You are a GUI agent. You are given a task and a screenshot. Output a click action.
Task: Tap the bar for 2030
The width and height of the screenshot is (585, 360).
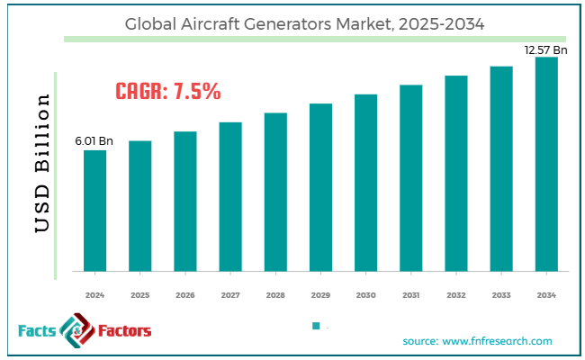point(365,182)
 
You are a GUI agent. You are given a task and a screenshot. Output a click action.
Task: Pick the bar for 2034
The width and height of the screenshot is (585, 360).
point(546,164)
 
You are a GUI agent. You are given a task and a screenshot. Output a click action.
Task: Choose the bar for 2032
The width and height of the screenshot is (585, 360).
point(456,173)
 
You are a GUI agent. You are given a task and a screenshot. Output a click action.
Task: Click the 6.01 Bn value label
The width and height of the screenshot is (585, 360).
point(94,140)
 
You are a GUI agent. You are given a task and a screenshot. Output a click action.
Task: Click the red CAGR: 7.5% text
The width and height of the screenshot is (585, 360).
point(168,91)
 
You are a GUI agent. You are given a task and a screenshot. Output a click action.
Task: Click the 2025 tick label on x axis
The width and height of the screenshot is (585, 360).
point(139,295)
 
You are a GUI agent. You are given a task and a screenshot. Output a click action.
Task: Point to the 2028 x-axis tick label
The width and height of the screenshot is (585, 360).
point(275,295)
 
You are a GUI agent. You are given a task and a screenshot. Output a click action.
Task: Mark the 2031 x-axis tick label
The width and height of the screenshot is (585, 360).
point(410,295)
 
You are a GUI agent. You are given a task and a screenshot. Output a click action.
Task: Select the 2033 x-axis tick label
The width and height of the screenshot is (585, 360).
point(501,295)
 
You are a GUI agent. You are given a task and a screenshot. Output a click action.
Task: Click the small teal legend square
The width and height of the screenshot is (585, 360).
point(315,326)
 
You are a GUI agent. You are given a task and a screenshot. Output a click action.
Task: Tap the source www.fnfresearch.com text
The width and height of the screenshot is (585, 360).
point(477,341)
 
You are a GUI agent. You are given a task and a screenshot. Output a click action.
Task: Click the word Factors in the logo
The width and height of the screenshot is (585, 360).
point(119,331)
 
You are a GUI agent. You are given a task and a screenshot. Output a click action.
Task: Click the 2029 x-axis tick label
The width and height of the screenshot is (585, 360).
point(320,295)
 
